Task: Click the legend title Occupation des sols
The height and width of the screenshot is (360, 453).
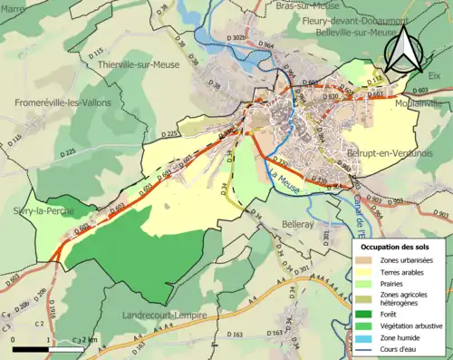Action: coord(398,246)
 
